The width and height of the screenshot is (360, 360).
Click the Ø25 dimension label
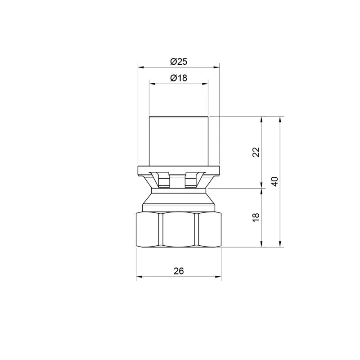[179, 62]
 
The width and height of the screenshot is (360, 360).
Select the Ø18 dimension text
[179, 78]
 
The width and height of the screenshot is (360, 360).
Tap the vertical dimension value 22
[256, 152]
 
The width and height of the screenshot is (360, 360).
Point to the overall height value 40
[274, 182]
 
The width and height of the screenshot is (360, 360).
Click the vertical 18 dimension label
[256, 217]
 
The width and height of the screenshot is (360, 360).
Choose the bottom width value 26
[179, 271]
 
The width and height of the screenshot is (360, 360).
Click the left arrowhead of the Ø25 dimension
[141, 67]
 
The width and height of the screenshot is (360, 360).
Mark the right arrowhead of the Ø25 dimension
[216, 67]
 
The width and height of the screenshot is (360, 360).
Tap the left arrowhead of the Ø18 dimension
[152, 84]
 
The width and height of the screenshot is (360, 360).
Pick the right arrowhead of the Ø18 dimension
[205, 84]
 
